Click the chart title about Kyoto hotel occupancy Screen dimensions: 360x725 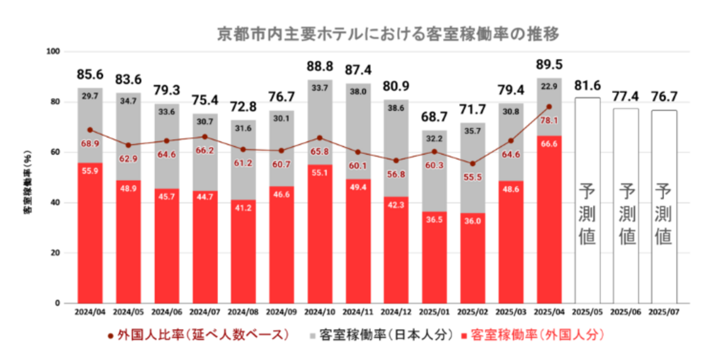(388, 34)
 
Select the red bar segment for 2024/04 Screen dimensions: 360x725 (90, 235)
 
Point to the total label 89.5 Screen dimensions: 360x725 (549, 65)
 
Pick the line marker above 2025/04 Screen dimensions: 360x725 (549, 107)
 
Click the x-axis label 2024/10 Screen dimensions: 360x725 (319, 312)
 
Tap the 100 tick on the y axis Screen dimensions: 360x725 (53, 52)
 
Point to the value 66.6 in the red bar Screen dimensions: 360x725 (549, 144)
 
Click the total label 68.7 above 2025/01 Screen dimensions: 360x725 (434, 117)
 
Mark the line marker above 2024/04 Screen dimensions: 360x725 (90, 130)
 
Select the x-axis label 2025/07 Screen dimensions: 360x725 (664, 312)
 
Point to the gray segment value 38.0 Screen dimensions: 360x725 (358, 91)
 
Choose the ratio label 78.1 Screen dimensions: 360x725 (549, 120)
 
